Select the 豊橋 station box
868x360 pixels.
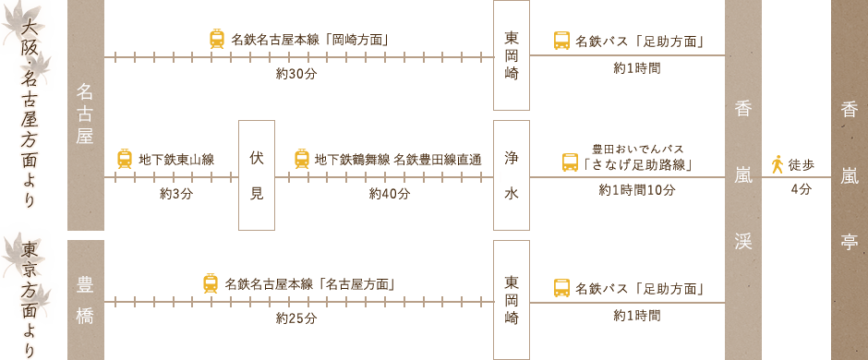pos(85,299)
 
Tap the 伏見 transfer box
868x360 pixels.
pos(256,175)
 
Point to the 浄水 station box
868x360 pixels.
pos(512,175)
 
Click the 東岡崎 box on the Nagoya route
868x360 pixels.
pos(512,56)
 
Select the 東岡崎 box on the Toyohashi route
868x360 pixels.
pos(512,299)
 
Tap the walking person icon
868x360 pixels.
pos(778,164)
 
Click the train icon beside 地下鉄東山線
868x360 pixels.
pos(125,159)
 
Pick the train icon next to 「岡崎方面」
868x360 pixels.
pos(217,39)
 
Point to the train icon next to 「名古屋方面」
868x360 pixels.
pos(211,283)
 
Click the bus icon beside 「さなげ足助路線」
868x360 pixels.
pos(571,162)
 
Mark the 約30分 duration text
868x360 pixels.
pos(296,74)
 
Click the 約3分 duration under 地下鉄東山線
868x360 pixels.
pos(175,194)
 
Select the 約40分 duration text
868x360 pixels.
pos(389,194)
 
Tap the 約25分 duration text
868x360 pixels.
pos(296,318)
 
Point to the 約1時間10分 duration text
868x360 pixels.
pos(637,190)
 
